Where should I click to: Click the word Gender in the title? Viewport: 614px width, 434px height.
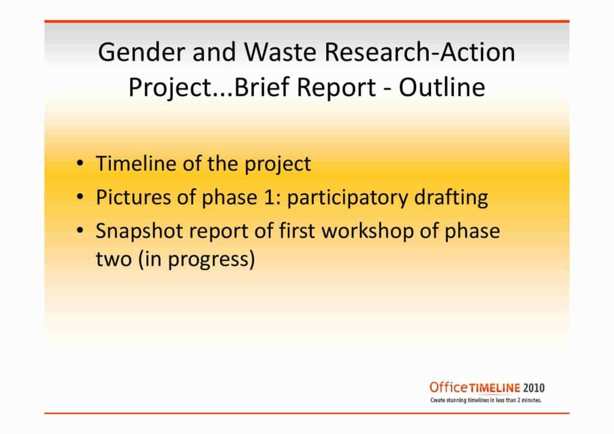tap(142, 52)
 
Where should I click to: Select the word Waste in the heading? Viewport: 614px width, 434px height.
tap(280, 52)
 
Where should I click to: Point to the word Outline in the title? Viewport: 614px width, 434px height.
tap(442, 87)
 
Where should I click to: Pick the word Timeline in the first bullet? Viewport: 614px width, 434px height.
tap(136, 163)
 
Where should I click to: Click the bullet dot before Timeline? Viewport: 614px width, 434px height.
tap(80, 163)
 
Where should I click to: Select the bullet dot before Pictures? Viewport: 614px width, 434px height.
tap(80, 197)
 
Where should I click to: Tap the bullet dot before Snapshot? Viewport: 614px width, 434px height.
tap(80, 230)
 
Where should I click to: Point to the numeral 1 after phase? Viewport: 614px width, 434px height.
tap(269, 197)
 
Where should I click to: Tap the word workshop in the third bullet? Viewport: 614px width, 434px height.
tap(368, 231)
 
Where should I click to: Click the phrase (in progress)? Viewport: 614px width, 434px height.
tap(197, 259)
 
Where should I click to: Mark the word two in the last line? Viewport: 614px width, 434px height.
tap(113, 259)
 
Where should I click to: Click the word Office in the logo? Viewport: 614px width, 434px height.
tap(449, 387)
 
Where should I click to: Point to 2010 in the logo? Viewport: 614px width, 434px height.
tap(534, 388)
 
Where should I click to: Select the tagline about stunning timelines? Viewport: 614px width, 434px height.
tap(486, 400)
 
